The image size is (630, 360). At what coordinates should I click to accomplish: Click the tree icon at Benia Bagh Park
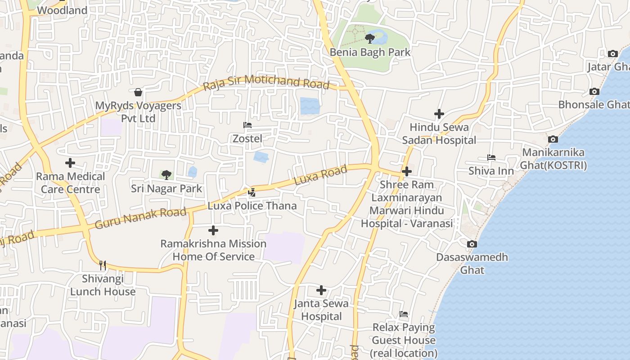370,38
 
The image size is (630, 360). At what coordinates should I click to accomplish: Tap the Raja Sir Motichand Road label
266,82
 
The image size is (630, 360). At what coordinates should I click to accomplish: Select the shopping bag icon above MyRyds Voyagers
138,92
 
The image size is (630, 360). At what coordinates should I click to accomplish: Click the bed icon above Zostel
247,125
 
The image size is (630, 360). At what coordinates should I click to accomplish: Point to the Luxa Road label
320,175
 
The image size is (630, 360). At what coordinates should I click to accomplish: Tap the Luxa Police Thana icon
252,193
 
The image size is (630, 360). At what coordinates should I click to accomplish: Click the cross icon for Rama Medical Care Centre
70,163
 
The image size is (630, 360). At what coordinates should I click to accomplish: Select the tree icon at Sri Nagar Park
166,175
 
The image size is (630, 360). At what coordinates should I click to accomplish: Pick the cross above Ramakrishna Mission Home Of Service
213,231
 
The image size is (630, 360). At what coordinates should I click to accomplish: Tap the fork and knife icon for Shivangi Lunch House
103,265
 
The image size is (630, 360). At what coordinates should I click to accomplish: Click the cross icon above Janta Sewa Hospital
321,290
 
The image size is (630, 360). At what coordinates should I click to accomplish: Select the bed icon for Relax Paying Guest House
404,314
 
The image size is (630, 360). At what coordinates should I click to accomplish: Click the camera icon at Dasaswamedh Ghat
472,244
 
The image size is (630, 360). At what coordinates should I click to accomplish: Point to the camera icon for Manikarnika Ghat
553,139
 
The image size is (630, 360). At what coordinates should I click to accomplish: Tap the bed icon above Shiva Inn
491,157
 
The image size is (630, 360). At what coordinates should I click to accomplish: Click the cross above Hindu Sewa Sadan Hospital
439,114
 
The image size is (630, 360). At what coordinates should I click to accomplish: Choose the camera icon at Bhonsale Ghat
594,92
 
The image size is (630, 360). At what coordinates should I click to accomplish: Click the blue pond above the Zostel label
310,106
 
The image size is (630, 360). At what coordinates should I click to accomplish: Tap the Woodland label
62,10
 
